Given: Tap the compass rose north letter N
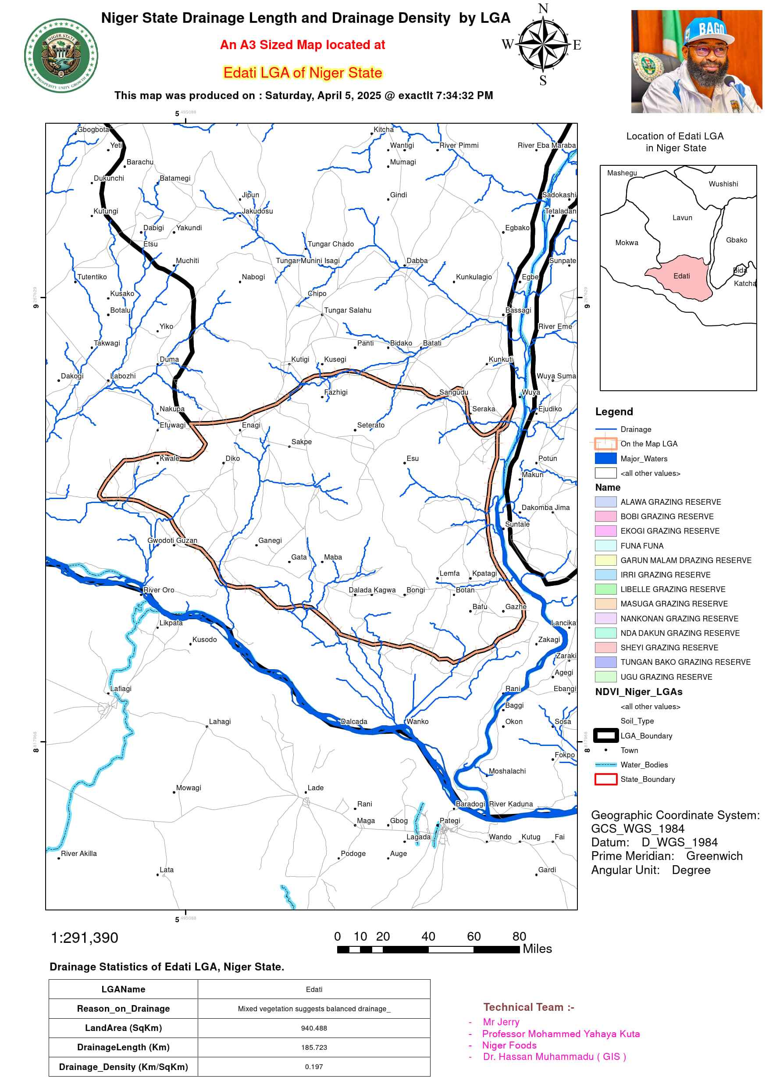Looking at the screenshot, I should point(543,8).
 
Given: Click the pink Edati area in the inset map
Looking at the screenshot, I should point(680,277).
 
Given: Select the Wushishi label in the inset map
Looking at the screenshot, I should point(723,184).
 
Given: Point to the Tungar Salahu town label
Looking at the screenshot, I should point(347,310).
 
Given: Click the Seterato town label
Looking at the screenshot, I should point(370,425).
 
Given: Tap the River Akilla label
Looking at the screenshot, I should point(78,853).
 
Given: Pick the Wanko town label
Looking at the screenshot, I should point(417,722).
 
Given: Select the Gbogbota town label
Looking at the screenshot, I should point(93,129).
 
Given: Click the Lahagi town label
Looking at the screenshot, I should point(220,722).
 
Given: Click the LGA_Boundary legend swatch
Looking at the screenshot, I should point(605,735).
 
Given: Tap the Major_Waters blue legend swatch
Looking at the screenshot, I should point(605,458).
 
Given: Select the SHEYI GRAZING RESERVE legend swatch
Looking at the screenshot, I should point(605,647).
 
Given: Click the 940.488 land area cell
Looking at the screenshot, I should point(313,1028).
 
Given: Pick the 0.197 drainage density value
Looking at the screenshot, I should point(313,1067).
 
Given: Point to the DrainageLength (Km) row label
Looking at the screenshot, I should point(123,1047).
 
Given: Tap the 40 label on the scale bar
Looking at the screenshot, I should point(428,936).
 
